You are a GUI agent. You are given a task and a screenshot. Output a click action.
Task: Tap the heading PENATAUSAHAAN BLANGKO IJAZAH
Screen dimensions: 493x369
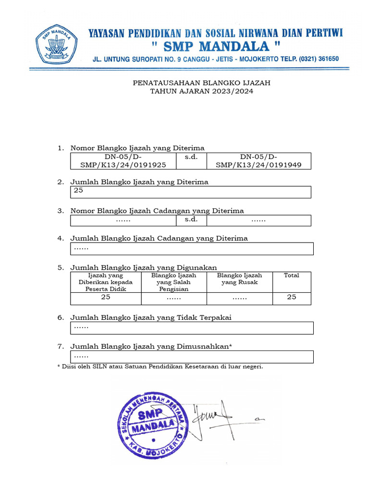click(201, 83)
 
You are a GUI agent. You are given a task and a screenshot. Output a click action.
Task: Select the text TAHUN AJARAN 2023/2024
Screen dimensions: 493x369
click(201, 91)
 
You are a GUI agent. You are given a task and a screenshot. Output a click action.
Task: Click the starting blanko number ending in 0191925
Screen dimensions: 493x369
click(123, 161)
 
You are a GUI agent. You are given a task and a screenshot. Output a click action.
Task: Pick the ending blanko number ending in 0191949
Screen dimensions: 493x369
click(258, 161)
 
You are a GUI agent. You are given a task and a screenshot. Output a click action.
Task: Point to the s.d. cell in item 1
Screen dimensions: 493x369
click(191, 157)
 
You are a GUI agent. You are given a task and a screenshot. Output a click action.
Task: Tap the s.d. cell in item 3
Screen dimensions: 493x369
click(191, 220)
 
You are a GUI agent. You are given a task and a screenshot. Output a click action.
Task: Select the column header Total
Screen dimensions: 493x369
click(291, 275)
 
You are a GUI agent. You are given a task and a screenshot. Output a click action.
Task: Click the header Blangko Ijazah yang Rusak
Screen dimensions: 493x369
click(239, 279)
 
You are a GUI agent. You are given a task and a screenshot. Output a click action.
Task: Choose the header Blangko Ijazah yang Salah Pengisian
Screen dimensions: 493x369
click(173, 282)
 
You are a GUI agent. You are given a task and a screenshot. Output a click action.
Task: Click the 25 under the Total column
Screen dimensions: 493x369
click(291, 297)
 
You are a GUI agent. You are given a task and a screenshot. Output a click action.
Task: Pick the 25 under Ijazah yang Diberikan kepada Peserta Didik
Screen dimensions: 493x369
click(105, 297)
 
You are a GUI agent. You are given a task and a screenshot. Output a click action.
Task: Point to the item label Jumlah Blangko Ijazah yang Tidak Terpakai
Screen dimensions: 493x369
click(154, 317)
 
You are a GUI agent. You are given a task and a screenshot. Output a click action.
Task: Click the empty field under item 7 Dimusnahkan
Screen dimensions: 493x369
click(192, 357)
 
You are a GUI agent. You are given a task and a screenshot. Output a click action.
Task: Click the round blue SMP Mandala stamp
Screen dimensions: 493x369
click(152, 424)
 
